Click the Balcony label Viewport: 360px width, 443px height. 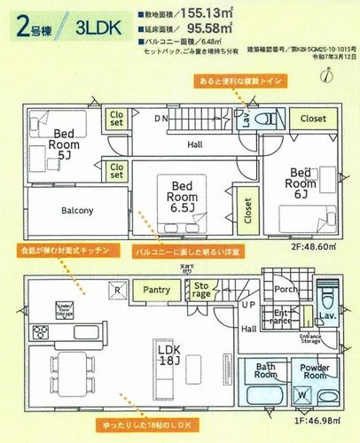pyautogui.click(x=78, y=211)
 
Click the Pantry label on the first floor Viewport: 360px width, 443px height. pyautogui.click(x=156, y=289)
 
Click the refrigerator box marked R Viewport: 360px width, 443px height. pyautogui.click(x=116, y=289)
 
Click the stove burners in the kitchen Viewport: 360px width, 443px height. pyautogui.click(x=42, y=333)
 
